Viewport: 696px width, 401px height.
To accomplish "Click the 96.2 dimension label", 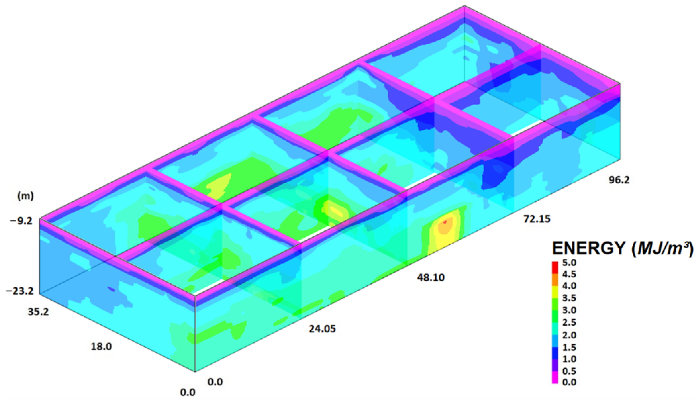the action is coord(619,180).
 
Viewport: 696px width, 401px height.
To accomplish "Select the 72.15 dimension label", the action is coord(536,219).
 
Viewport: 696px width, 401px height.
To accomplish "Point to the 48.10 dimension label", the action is coord(431,278).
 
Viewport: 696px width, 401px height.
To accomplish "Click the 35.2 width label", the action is coord(38,312).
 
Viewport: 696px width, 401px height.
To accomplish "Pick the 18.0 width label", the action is coord(101,347).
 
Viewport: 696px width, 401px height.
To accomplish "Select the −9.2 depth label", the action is coord(21,221).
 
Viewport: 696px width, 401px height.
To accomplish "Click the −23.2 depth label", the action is coord(20,291).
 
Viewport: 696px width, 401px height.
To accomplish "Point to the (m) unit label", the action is coord(25,196).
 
